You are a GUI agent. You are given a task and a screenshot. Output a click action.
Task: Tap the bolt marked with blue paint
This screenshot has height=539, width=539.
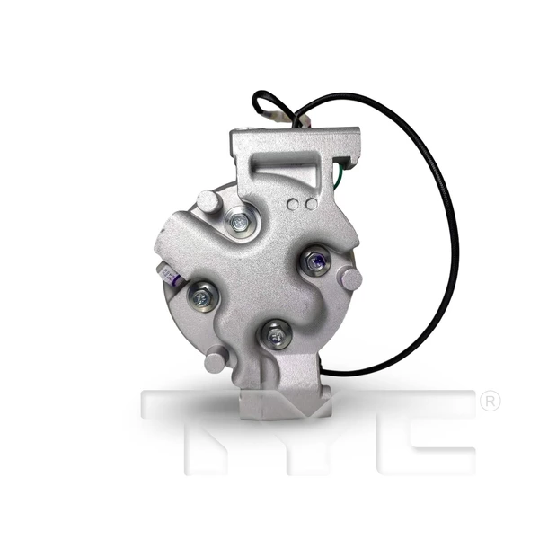coord(314,262)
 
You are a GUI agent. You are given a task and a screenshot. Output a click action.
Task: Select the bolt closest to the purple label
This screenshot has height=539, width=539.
coord(202,295)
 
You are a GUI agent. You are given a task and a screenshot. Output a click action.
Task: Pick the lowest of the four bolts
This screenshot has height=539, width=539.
coord(276,336)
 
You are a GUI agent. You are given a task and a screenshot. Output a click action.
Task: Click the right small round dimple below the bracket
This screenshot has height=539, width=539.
coord(310,205)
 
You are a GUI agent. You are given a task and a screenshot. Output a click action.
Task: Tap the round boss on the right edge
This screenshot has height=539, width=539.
coord(349,278)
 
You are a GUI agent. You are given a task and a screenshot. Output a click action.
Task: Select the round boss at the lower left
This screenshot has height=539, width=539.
coord(214,361)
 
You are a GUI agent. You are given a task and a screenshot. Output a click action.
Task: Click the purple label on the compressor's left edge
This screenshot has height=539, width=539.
coord(173,277)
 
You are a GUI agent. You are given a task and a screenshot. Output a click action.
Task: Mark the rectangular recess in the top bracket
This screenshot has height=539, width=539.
coord(287,171)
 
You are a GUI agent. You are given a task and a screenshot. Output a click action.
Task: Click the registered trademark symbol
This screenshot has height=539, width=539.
coord(490,402)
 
